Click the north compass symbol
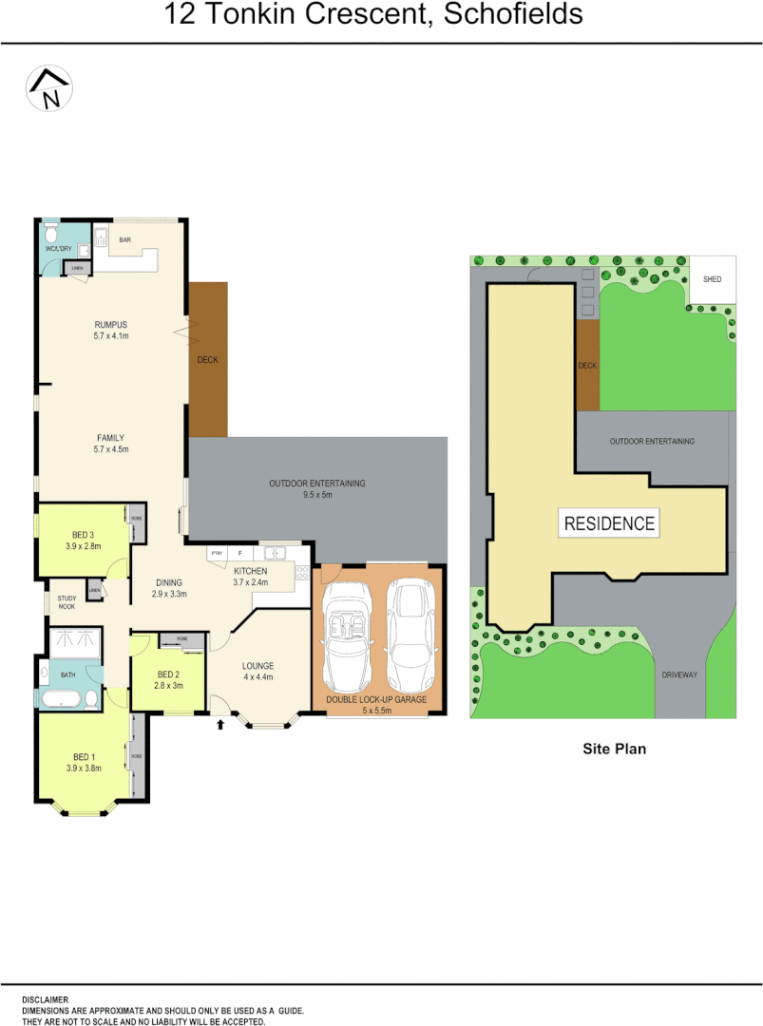(x=50, y=89)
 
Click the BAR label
(x=124, y=240)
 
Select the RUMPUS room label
(x=110, y=325)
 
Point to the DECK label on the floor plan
(x=207, y=360)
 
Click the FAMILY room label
(x=110, y=438)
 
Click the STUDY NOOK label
(x=66, y=601)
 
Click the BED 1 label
(x=84, y=756)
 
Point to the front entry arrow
(x=221, y=725)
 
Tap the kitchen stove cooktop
(x=302, y=572)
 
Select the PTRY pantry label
(x=217, y=552)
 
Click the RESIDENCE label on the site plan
(x=609, y=523)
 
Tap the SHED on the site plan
(x=712, y=279)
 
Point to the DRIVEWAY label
(x=679, y=674)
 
